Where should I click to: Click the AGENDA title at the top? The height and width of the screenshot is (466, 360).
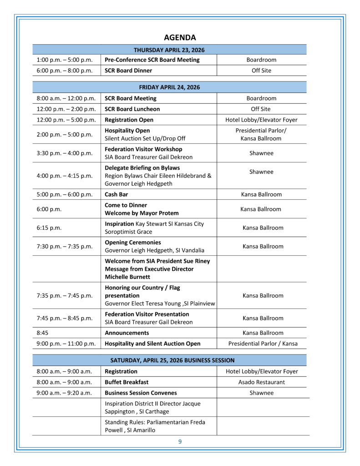pos(180,37)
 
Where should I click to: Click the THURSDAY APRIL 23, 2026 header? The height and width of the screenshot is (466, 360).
pos(169,50)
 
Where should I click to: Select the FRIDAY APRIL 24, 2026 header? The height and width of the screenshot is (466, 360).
pos(169,87)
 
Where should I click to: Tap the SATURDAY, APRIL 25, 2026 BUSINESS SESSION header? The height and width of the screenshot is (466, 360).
pos(169,360)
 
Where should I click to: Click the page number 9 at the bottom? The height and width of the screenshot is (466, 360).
pos(180,441)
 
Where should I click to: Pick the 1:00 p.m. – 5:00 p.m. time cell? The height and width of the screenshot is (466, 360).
pos(65,60)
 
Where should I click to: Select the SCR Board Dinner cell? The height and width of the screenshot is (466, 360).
pos(128,71)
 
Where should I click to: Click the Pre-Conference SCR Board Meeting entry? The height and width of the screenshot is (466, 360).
pos(152,60)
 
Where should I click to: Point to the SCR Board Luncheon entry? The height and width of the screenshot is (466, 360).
pos(132,109)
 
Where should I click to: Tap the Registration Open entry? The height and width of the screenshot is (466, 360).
pos(129,120)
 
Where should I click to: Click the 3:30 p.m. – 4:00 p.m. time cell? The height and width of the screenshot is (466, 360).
pos(65,153)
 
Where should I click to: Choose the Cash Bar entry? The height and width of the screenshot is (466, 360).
pos(117,194)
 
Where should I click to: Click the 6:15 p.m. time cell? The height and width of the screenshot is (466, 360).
pos(49,228)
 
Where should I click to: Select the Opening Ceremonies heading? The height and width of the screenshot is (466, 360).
pos(133,243)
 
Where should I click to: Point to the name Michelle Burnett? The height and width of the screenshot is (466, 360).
pos(127,277)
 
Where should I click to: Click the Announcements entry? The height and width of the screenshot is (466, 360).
pos(127,333)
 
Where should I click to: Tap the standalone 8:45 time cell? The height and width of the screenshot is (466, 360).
pos(43,333)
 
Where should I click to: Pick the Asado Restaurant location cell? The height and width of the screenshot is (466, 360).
pos(262,382)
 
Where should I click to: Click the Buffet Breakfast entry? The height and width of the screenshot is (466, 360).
pos(127,382)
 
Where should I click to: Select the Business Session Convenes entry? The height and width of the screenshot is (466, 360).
pos(141,393)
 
